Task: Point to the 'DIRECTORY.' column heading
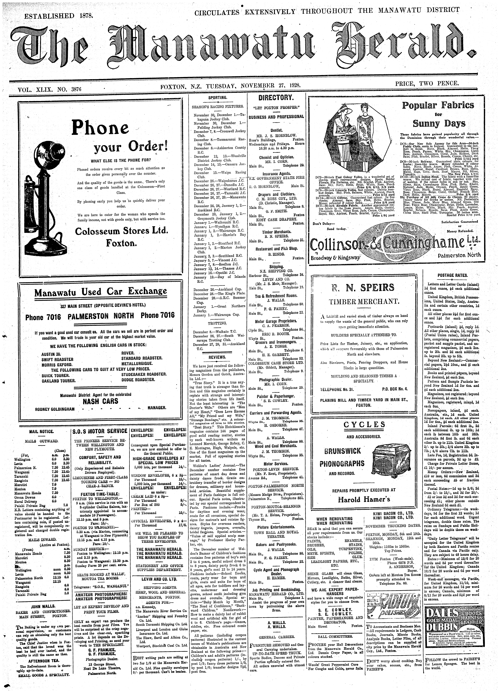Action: pyautogui.click(x=276, y=98)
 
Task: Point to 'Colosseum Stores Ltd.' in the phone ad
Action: pyautogui.click(x=121, y=231)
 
